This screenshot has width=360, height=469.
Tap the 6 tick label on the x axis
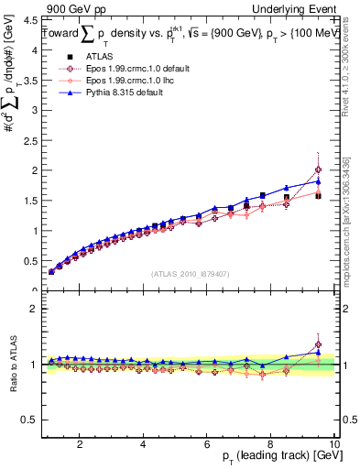pos(207,444)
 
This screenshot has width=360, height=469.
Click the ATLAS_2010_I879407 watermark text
pos(189,274)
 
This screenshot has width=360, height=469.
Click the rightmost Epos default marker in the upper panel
pos(318,169)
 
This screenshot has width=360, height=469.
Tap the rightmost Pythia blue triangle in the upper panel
pos(318,181)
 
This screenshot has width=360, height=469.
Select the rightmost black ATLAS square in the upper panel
pos(318,195)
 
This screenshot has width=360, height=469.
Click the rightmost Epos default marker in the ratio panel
pos(318,345)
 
